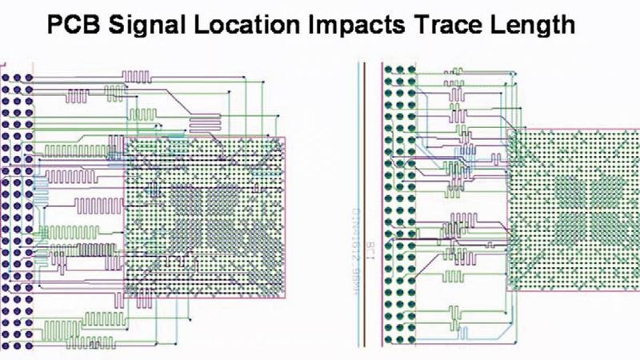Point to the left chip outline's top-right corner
point(285,138)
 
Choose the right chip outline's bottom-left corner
point(508,290)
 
